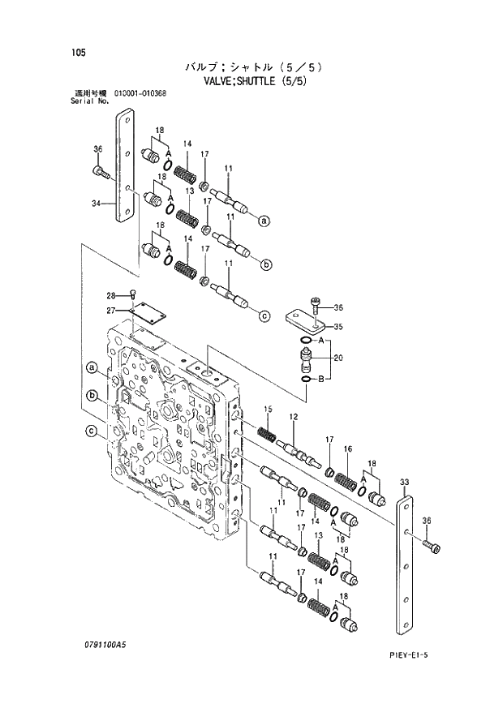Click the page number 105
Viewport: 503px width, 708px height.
[x=78, y=53]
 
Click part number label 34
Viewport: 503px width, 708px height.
[x=97, y=204]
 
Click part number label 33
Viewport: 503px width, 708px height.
[x=403, y=483]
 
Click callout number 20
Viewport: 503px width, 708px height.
[x=337, y=358]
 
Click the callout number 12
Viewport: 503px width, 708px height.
[x=293, y=416]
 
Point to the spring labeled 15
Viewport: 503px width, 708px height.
[x=267, y=434]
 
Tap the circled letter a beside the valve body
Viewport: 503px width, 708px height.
[x=92, y=369]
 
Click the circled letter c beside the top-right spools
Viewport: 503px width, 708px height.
[x=264, y=316]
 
